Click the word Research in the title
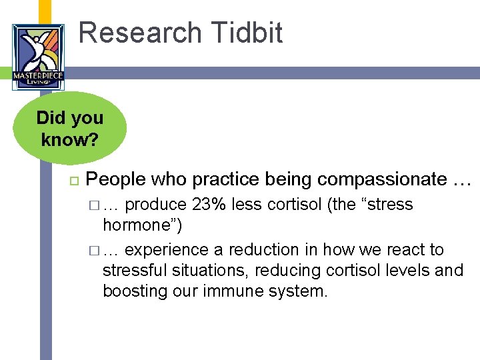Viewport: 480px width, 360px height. pos(140,33)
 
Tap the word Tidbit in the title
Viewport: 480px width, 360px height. pos(247,32)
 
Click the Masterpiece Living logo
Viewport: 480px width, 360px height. pos(38,57)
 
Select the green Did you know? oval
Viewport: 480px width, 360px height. pos(70,128)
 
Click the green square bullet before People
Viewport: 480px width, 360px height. pos(75,181)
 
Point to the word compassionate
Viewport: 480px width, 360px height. pos(382,179)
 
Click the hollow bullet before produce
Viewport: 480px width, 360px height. pos(94,205)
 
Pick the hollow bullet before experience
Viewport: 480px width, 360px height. pos(94,251)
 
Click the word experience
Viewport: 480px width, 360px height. pos(167,250)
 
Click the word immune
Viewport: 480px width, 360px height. pos(233,291)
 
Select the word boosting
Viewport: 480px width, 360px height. pos(135,291)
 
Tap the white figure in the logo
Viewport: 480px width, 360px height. pos(36,51)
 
